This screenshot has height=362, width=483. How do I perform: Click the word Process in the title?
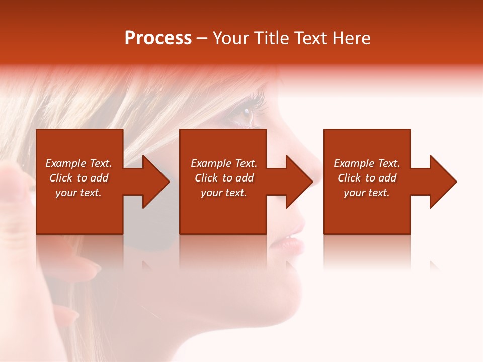coord(158,38)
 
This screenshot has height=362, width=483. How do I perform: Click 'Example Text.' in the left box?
coord(78,163)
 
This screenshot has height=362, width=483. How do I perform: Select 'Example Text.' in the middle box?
coord(224,163)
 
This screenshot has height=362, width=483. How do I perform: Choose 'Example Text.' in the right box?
coord(367,163)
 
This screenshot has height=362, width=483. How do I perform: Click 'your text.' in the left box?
coord(78,193)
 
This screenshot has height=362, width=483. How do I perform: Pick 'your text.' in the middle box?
coord(224,193)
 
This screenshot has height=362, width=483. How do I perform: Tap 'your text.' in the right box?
coord(367,193)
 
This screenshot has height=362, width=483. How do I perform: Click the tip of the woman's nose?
coord(316,175)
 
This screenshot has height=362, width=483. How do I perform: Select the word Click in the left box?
coord(61,178)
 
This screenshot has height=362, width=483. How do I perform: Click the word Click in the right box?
coord(350,178)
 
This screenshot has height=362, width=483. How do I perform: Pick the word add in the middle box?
coord(245,178)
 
